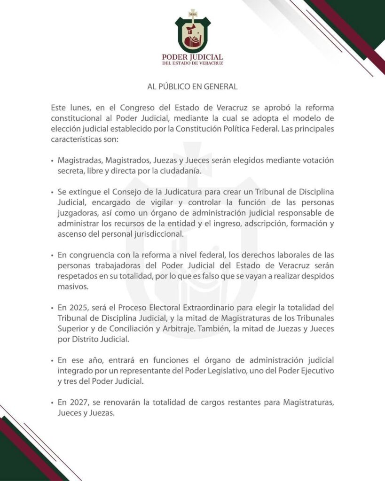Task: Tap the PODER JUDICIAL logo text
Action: point(192,57)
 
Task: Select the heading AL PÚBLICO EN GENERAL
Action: point(192,87)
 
